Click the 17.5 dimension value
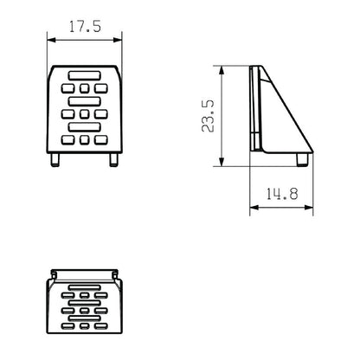(x=85, y=27)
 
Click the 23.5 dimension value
(x=208, y=116)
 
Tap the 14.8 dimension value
(x=281, y=194)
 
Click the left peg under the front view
(x=55, y=160)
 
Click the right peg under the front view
(x=114, y=160)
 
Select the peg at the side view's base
(x=303, y=159)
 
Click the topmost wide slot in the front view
(x=85, y=75)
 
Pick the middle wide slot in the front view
(x=85, y=101)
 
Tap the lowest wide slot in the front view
(x=85, y=127)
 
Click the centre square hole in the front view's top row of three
(x=84, y=88)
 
